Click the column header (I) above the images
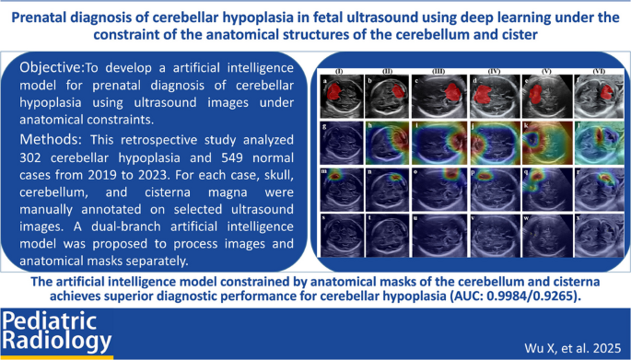pos(340,70)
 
